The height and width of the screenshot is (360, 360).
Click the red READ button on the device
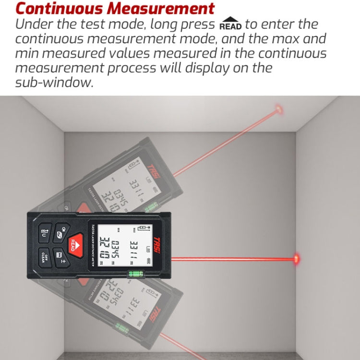tap(73, 244)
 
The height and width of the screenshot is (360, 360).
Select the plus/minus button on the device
tap(60, 258)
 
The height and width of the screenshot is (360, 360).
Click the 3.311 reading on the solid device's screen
tap(134, 249)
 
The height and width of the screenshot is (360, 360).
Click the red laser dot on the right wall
tap(297, 259)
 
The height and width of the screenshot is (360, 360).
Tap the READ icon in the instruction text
tap(231, 24)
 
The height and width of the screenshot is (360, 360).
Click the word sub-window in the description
tap(53, 82)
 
